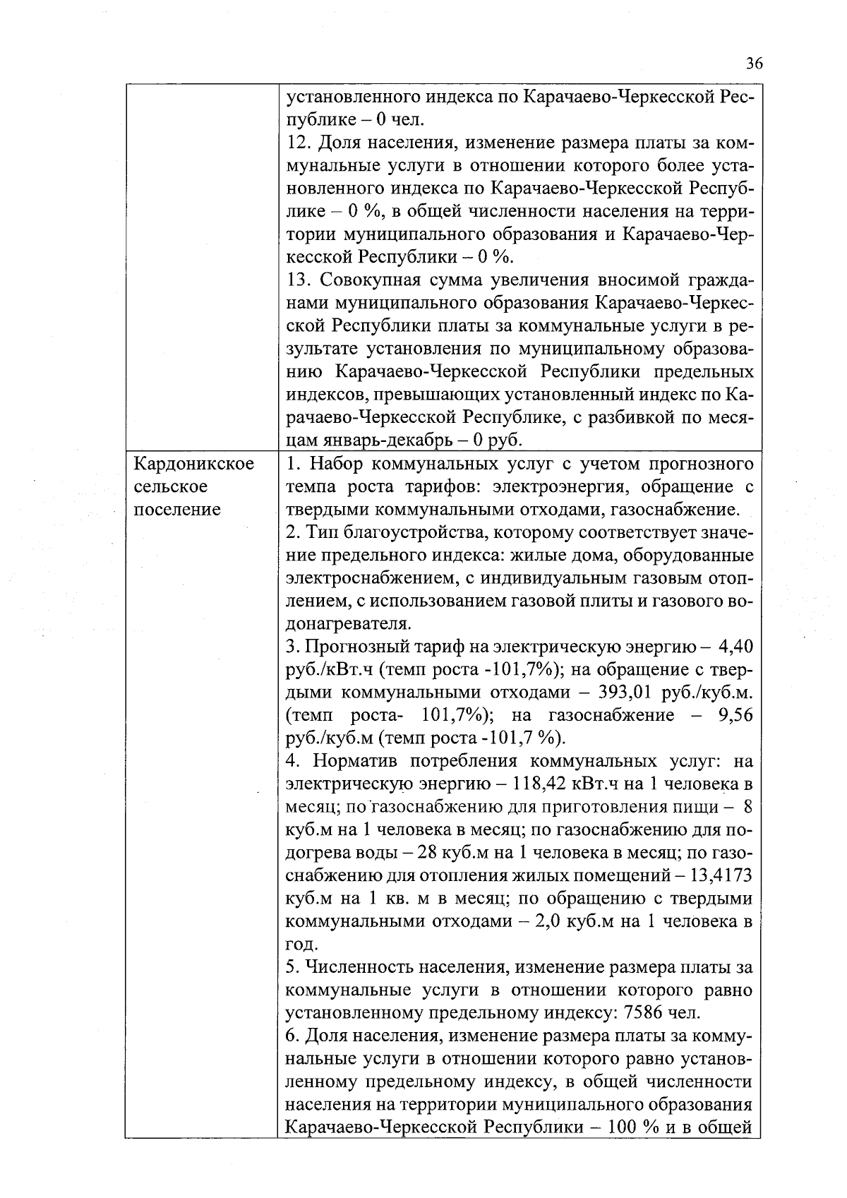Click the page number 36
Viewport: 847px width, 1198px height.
click(753, 64)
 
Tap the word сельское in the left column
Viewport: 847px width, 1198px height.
click(170, 486)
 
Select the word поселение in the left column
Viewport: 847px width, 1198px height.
click(176, 510)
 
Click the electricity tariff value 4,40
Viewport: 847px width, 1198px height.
click(735, 647)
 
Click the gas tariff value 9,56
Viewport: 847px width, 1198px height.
click(734, 715)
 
